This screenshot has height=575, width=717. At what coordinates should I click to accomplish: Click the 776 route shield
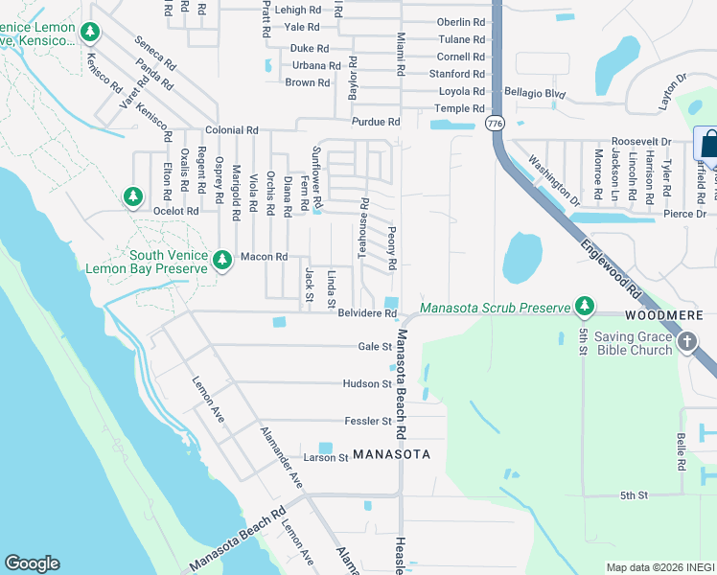(495, 124)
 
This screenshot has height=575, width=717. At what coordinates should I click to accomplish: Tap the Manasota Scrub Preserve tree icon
(584, 307)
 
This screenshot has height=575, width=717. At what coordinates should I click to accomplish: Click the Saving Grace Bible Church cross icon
(686, 342)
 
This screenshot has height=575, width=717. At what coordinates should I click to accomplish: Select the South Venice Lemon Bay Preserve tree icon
(222, 260)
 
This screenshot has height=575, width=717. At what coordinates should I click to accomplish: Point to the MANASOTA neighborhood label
(390, 453)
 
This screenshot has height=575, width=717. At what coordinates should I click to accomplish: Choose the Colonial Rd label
(231, 130)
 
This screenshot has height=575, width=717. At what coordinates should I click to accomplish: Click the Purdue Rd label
(375, 122)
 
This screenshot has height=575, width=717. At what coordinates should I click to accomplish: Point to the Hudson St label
(367, 383)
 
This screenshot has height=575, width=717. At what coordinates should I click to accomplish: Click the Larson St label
(326, 458)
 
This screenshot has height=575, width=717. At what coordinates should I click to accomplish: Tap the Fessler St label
(368, 421)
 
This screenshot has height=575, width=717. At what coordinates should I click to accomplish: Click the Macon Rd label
(264, 257)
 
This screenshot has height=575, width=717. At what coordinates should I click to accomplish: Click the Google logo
(32, 563)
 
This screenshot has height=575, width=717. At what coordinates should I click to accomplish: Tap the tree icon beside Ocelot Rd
(133, 196)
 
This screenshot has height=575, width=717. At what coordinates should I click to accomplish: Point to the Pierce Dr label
(684, 214)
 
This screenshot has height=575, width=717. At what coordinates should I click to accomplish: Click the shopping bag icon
(709, 145)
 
